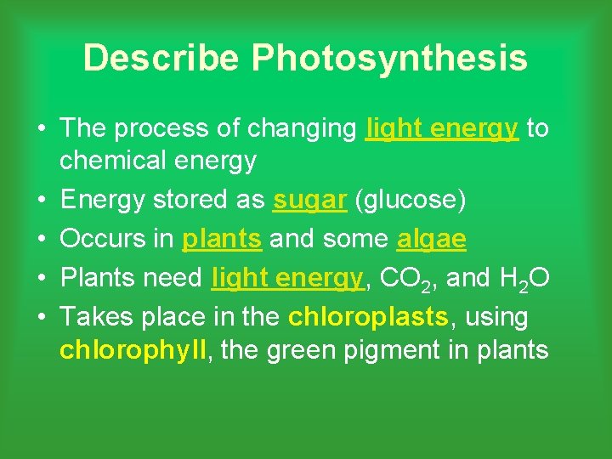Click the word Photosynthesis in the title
[389, 59]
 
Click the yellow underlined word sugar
[309, 201]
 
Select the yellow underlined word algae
[431, 241]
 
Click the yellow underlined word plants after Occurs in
[222, 241]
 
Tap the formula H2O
[515, 279]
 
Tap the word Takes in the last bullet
[95, 317]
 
